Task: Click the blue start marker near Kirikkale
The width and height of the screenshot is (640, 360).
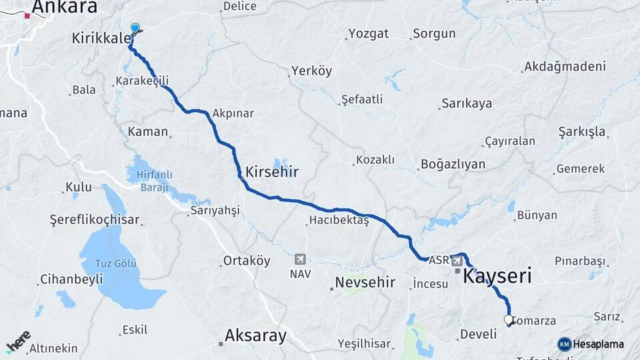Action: pyautogui.click(x=135, y=28)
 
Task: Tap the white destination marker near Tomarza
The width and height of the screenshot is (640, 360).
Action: pyautogui.click(x=509, y=320)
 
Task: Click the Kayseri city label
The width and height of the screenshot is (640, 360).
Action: pyautogui.click(x=497, y=275)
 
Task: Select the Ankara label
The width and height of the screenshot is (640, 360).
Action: pyautogui.click(x=64, y=7)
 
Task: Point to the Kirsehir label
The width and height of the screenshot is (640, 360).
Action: pyautogui.click(x=271, y=171)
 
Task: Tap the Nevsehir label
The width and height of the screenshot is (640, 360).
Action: pyautogui.click(x=365, y=282)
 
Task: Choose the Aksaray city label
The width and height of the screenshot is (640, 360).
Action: pyautogui.click(x=256, y=335)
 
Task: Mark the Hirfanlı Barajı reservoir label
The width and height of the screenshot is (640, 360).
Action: pyautogui.click(x=154, y=181)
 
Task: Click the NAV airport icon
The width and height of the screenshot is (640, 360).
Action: pyautogui.click(x=300, y=259)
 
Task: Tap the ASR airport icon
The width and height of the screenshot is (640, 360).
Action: pyautogui.click(x=457, y=259)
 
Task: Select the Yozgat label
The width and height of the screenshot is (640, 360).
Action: pyautogui.click(x=368, y=34)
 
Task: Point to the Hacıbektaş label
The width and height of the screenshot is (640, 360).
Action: pyautogui.click(x=339, y=221)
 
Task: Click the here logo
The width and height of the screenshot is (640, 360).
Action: pyautogui.click(x=18, y=340)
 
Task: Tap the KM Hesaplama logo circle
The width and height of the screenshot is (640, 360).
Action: pyautogui.click(x=565, y=344)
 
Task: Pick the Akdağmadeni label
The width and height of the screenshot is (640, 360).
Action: pyautogui.click(x=565, y=67)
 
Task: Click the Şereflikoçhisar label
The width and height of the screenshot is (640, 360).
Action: pyautogui.click(x=95, y=219)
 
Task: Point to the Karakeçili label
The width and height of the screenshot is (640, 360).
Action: pyautogui.click(x=142, y=81)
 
